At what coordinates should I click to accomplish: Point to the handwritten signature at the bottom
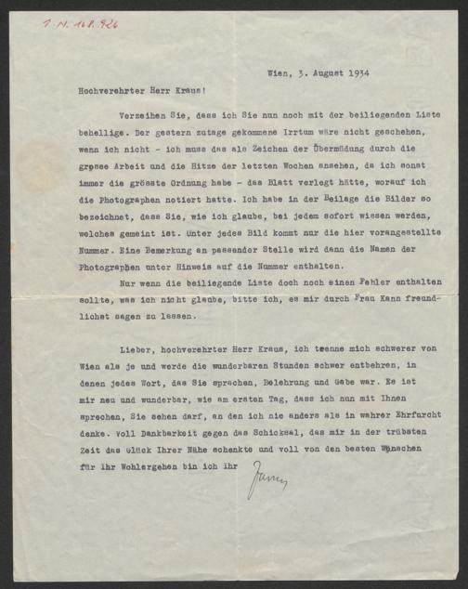[x=267, y=480]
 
